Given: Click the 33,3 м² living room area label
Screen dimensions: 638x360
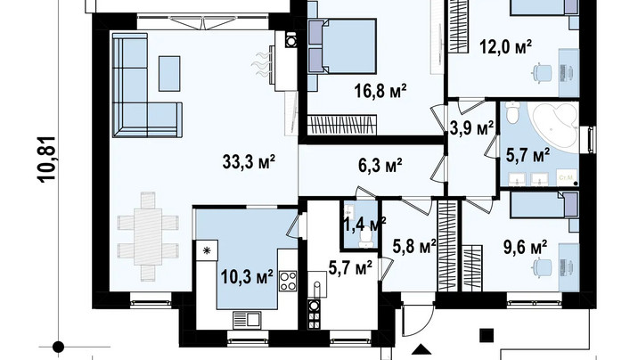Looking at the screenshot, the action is coord(249,162).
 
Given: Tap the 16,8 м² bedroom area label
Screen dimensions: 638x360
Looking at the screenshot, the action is coord(380,91).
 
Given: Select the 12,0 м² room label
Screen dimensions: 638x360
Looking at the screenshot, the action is coord(506,46).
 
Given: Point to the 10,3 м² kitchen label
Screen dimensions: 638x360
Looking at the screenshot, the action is coord(247,277).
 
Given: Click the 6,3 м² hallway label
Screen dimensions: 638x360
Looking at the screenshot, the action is coord(380,165).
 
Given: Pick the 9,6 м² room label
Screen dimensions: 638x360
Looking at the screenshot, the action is coord(525,248).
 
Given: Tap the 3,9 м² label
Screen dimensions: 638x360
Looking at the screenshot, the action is coord(472,128).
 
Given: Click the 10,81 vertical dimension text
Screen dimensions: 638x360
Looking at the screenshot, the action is coord(47,159).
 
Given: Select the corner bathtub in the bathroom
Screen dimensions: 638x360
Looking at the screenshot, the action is coord(553,127).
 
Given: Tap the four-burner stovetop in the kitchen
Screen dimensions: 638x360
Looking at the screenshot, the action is coord(288,281).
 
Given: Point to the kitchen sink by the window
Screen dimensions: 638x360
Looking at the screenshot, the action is coord(247,319).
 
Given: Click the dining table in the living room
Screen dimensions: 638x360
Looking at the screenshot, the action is coord(148,237).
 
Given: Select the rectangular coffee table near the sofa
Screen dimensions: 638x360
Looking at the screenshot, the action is coord(169,74).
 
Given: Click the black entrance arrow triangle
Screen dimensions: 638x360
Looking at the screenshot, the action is coord(421,349).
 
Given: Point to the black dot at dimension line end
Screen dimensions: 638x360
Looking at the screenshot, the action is coord(58,347).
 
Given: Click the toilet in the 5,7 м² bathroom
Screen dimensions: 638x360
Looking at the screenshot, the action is coord(512,112).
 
